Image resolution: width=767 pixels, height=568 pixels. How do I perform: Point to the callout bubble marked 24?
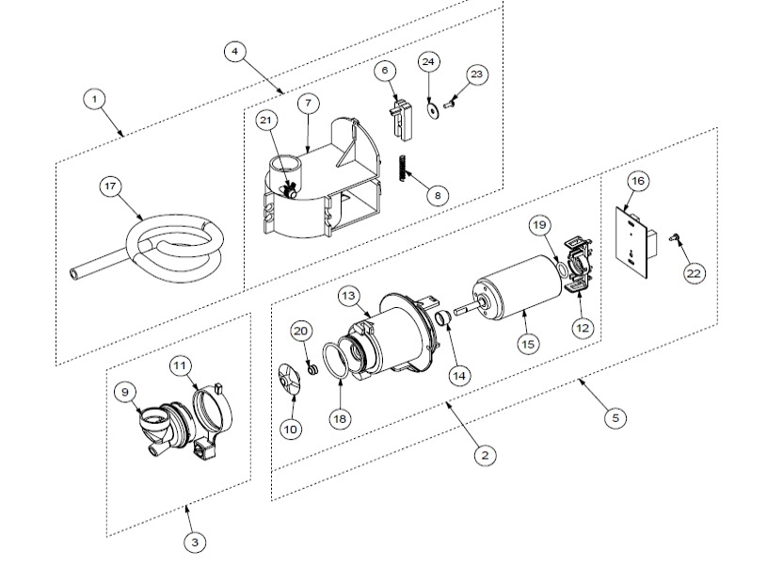428,61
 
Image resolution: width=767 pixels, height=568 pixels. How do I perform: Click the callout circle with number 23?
477,74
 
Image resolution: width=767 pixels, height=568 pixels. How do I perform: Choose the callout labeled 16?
637,180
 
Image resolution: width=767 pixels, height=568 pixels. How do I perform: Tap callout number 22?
694,272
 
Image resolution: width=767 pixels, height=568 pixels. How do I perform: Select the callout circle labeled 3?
194,542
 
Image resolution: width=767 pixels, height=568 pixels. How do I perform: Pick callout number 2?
485,455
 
